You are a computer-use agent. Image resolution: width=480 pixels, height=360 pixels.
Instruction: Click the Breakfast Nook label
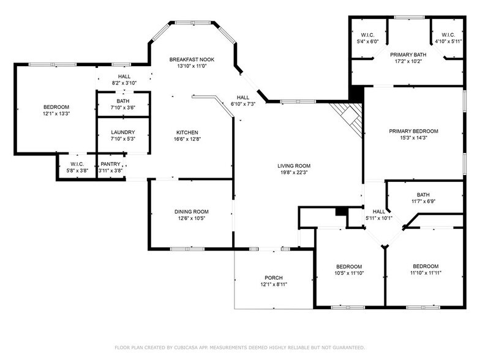point(192,59)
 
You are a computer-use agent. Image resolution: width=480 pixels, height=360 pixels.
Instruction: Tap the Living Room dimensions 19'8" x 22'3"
point(294,173)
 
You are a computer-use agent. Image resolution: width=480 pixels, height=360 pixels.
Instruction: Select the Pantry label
point(110,164)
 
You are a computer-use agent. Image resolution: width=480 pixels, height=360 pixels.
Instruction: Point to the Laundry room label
point(122,132)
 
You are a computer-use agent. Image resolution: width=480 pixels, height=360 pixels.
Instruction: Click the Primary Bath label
point(408,55)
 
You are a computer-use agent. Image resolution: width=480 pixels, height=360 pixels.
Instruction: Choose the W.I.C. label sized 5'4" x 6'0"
point(367,35)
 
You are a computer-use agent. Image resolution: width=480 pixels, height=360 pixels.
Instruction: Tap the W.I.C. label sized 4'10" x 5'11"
point(448,35)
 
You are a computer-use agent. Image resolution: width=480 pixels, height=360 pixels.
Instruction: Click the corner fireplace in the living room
point(349,118)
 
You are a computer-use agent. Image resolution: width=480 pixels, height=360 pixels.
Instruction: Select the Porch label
point(274,278)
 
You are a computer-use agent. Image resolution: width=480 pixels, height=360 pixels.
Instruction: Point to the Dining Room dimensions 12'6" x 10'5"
point(192,218)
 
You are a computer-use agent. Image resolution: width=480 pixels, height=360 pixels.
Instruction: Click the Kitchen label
point(187,132)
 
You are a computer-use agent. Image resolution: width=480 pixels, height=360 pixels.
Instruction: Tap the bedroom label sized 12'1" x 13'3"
point(56,107)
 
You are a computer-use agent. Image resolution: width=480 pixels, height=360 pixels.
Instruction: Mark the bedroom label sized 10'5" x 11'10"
point(349,266)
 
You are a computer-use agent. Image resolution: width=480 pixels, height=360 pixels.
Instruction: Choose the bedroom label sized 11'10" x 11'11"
point(426,266)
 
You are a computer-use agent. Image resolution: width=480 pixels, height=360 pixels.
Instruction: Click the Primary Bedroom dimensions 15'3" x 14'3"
point(414,138)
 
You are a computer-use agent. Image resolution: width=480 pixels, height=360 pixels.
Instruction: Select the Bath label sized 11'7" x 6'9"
point(423,195)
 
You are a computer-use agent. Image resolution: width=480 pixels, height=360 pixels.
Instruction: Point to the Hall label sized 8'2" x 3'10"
point(124,76)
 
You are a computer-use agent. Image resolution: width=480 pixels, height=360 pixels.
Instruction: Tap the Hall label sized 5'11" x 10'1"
point(379,212)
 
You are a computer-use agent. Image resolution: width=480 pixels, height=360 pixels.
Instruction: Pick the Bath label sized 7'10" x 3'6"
point(122,100)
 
